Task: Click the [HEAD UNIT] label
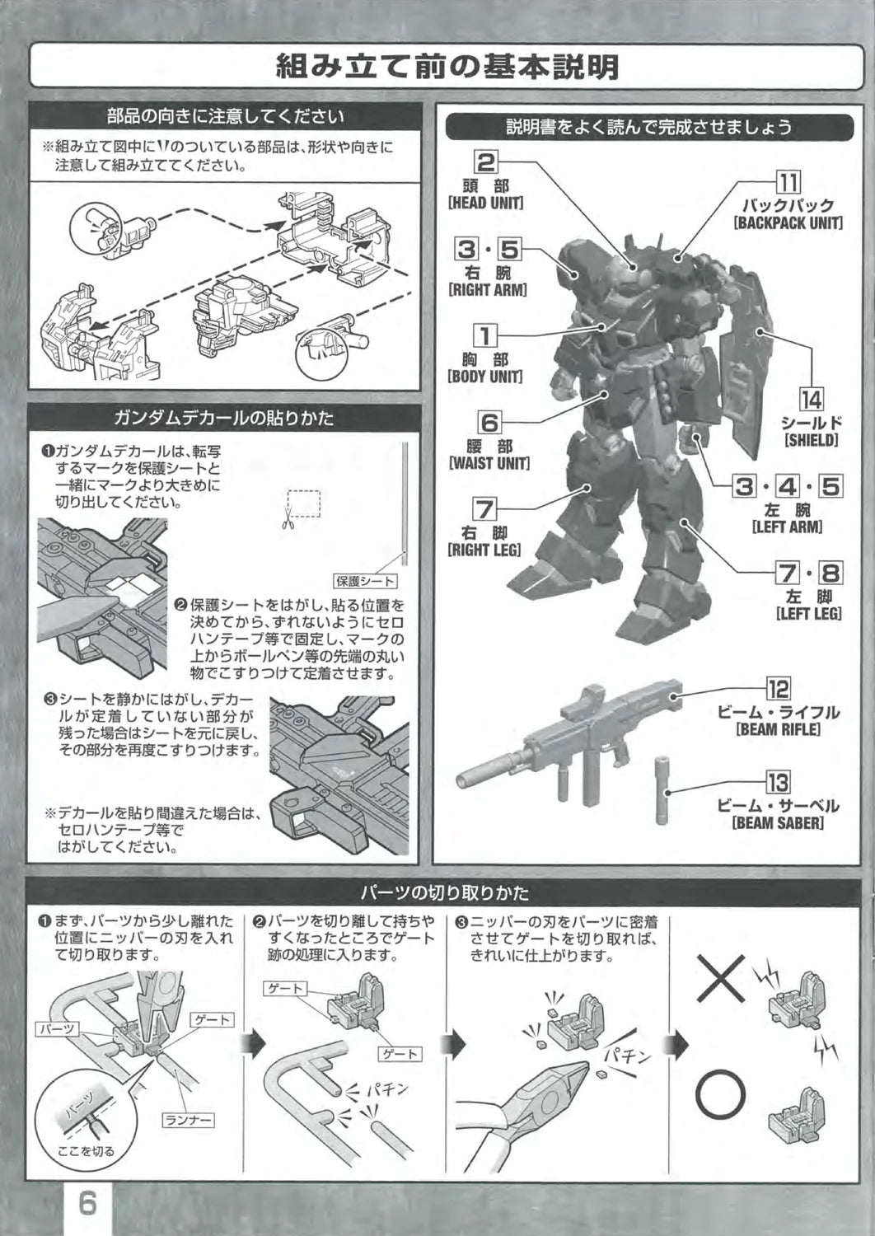click(485, 203)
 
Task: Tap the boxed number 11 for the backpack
click(788, 182)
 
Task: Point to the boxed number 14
click(812, 400)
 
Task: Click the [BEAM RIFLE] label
click(778, 729)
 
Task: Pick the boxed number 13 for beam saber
click(778, 783)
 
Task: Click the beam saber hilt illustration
click(662, 790)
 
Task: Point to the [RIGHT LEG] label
click(484, 550)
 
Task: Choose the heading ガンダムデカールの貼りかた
click(223, 419)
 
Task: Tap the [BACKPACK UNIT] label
click(788, 223)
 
